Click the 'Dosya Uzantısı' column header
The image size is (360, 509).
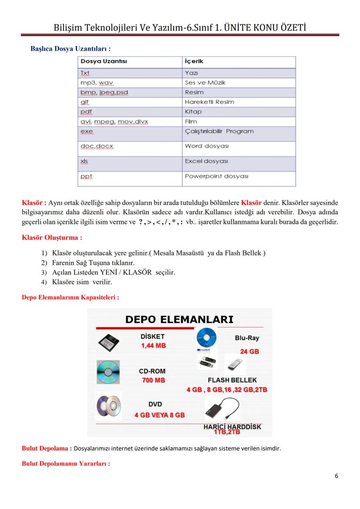(x=103, y=61)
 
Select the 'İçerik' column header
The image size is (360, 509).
(x=194, y=61)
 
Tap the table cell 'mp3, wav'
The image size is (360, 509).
(x=97, y=83)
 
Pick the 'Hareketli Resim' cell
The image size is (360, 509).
(x=209, y=102)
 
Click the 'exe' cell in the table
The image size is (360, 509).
(x=87, y=131)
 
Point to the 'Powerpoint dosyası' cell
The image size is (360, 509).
(x=216, y=176)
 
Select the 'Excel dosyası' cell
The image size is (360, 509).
(x=207, y=161)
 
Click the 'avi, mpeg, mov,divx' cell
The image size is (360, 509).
(x=114, y=121)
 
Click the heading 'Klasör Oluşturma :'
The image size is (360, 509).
(x=52, y=238)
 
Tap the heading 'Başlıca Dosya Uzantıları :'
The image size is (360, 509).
(x=70, y=48)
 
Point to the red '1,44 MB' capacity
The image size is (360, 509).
(x=153, y=346)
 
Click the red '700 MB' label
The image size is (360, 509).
(x=153, y=380)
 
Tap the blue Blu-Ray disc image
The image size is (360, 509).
(x=207, y=337)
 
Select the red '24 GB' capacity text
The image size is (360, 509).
(x=249, y=351)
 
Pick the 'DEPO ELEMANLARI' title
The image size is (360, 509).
(x=179, y=319)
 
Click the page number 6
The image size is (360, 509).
(x=336, y=476)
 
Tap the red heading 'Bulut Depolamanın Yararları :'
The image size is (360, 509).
(x=66, y=463)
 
